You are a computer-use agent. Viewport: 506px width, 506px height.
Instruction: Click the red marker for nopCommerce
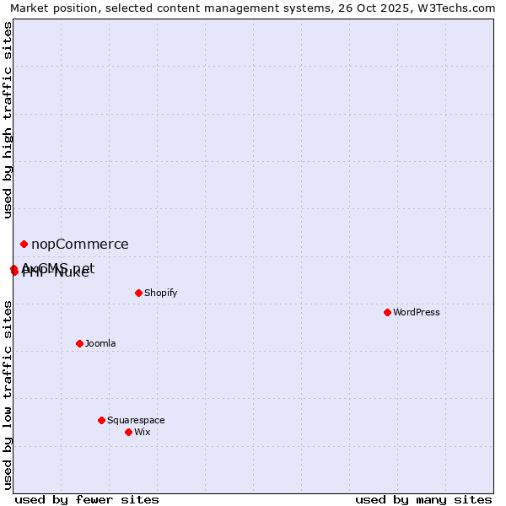coord(24,244)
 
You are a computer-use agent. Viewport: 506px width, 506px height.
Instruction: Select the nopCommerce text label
coord(80,245)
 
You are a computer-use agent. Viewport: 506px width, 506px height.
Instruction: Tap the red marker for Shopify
coord(138,293)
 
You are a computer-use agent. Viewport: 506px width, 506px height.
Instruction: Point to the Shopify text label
coord(160,293)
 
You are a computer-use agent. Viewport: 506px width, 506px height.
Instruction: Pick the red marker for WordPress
coord(387,312)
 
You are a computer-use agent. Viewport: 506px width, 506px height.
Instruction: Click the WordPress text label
coord(417,313)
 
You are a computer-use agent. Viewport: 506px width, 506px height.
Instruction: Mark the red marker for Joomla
coord(79,343)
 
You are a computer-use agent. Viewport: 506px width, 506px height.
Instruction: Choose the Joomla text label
coord(100,344)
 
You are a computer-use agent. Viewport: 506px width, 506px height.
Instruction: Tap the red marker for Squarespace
coord(101,420)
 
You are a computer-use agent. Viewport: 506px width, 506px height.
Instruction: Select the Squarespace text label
coord(136,421)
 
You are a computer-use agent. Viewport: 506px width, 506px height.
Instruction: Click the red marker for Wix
coord(128,432)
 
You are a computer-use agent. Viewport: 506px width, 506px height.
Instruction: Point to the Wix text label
coord(143,433)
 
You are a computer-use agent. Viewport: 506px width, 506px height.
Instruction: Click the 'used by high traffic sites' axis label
coord(8,120)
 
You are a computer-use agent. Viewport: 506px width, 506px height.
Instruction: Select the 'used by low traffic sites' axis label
coord(8,394)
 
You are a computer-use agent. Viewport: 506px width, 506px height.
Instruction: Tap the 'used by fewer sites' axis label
coord(87,499)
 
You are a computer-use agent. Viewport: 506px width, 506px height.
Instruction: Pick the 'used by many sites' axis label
coord(423,499)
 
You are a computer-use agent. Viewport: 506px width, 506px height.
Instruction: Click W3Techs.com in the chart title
coord(454,8)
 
